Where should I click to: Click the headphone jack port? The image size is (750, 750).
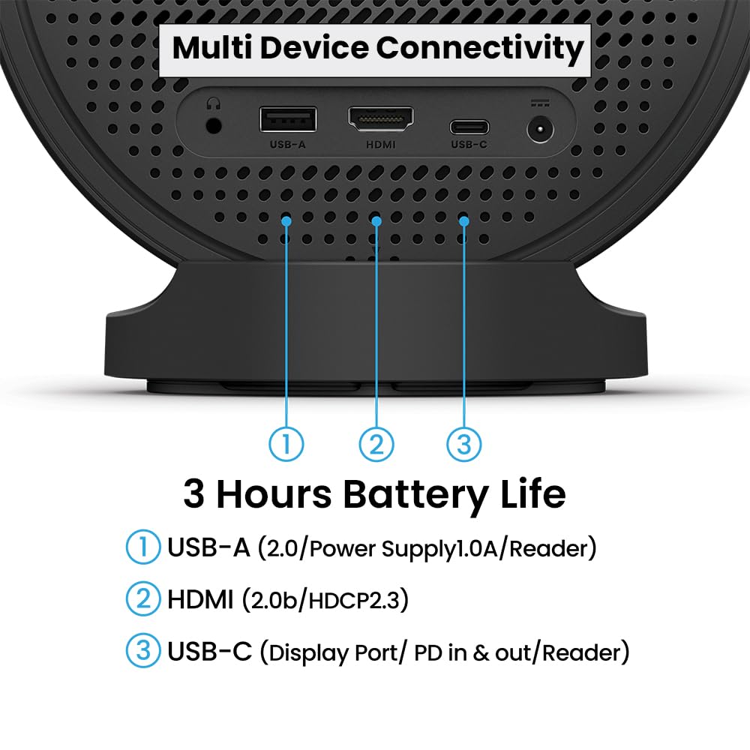point(213,126)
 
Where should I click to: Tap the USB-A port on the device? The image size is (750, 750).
point(288,119)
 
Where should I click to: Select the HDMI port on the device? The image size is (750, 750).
point(381,118)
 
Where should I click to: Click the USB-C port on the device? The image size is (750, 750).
point(469,127)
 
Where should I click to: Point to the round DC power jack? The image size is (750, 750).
point(541,129)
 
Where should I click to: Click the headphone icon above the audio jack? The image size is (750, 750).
point(213,103)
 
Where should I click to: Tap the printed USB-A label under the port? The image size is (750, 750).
point(287,145)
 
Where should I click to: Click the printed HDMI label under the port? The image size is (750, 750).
point(381,145)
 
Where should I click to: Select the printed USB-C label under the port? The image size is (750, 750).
point(469,145)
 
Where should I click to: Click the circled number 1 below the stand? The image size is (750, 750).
point(286,444)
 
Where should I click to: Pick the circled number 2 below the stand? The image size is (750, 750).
point(376,444)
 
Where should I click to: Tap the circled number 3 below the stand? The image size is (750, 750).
point(464,444)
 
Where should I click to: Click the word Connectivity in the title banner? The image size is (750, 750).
point(480,48)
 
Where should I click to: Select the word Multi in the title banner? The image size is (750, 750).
point(212,47)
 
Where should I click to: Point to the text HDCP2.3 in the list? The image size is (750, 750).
point(353,600)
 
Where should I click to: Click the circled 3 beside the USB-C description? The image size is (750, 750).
point(143,650)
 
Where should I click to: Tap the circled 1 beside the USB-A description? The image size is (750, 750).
point(143,547)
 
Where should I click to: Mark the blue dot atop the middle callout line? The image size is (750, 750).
point(376,221)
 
